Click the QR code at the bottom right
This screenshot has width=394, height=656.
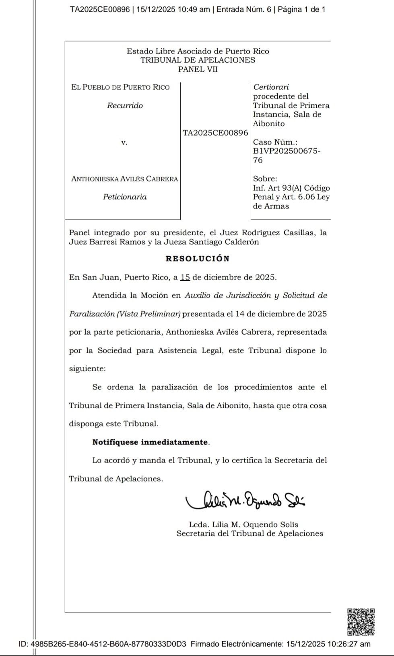361,622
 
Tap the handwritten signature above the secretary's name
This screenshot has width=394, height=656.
245,501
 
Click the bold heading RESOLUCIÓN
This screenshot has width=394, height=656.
197,259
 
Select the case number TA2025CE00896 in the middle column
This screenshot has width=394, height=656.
215,133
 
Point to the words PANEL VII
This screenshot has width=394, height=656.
198,69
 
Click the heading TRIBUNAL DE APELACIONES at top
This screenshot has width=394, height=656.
198,60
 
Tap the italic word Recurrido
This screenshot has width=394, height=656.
125,105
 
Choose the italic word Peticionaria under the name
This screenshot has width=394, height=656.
125,197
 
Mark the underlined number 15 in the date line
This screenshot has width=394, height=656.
185,277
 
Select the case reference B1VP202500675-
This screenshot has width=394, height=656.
287,151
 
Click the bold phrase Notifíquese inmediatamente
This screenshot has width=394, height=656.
151,442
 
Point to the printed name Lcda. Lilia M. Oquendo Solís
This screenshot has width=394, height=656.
243,524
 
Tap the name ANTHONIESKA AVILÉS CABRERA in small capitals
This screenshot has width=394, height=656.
124,179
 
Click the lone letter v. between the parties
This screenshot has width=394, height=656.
124,142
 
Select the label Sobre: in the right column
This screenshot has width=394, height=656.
265,179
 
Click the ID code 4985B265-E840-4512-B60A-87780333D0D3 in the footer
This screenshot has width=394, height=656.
108,644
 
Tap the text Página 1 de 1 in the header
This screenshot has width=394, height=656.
301,9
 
